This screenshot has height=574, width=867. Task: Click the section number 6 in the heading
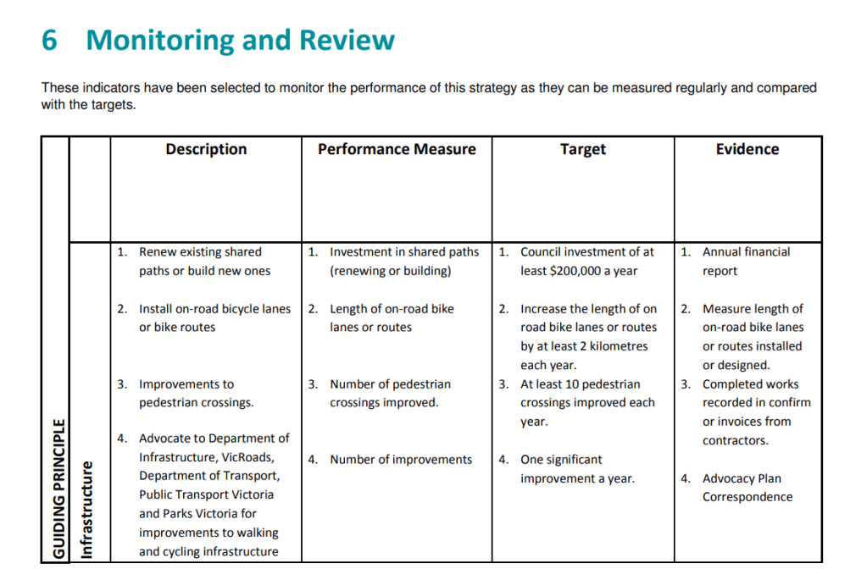[x=49, y=40]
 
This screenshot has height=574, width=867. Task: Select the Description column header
[x=206, y=150]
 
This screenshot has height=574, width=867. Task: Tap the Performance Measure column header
[x=397, y=150]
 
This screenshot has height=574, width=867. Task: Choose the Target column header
[x=583, y=150]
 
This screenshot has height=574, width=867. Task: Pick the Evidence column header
[x=748, y=150]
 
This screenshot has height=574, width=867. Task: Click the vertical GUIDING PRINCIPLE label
[x=58, y=489]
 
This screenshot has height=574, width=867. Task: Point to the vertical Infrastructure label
[x=86, y=510]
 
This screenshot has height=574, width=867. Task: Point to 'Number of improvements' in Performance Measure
[x=401, y=460]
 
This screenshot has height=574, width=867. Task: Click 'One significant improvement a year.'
[x=577, y=469]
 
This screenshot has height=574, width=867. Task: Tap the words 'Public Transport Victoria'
[x=207, y=494]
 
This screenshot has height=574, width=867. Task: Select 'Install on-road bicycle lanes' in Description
[x=214, y=309]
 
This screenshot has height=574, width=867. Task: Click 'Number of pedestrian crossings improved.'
[x=390, y=394]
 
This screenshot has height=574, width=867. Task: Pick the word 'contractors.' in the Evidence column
[x=735, y=440]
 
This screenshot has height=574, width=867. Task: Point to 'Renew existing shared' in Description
[x=200, y=252]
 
